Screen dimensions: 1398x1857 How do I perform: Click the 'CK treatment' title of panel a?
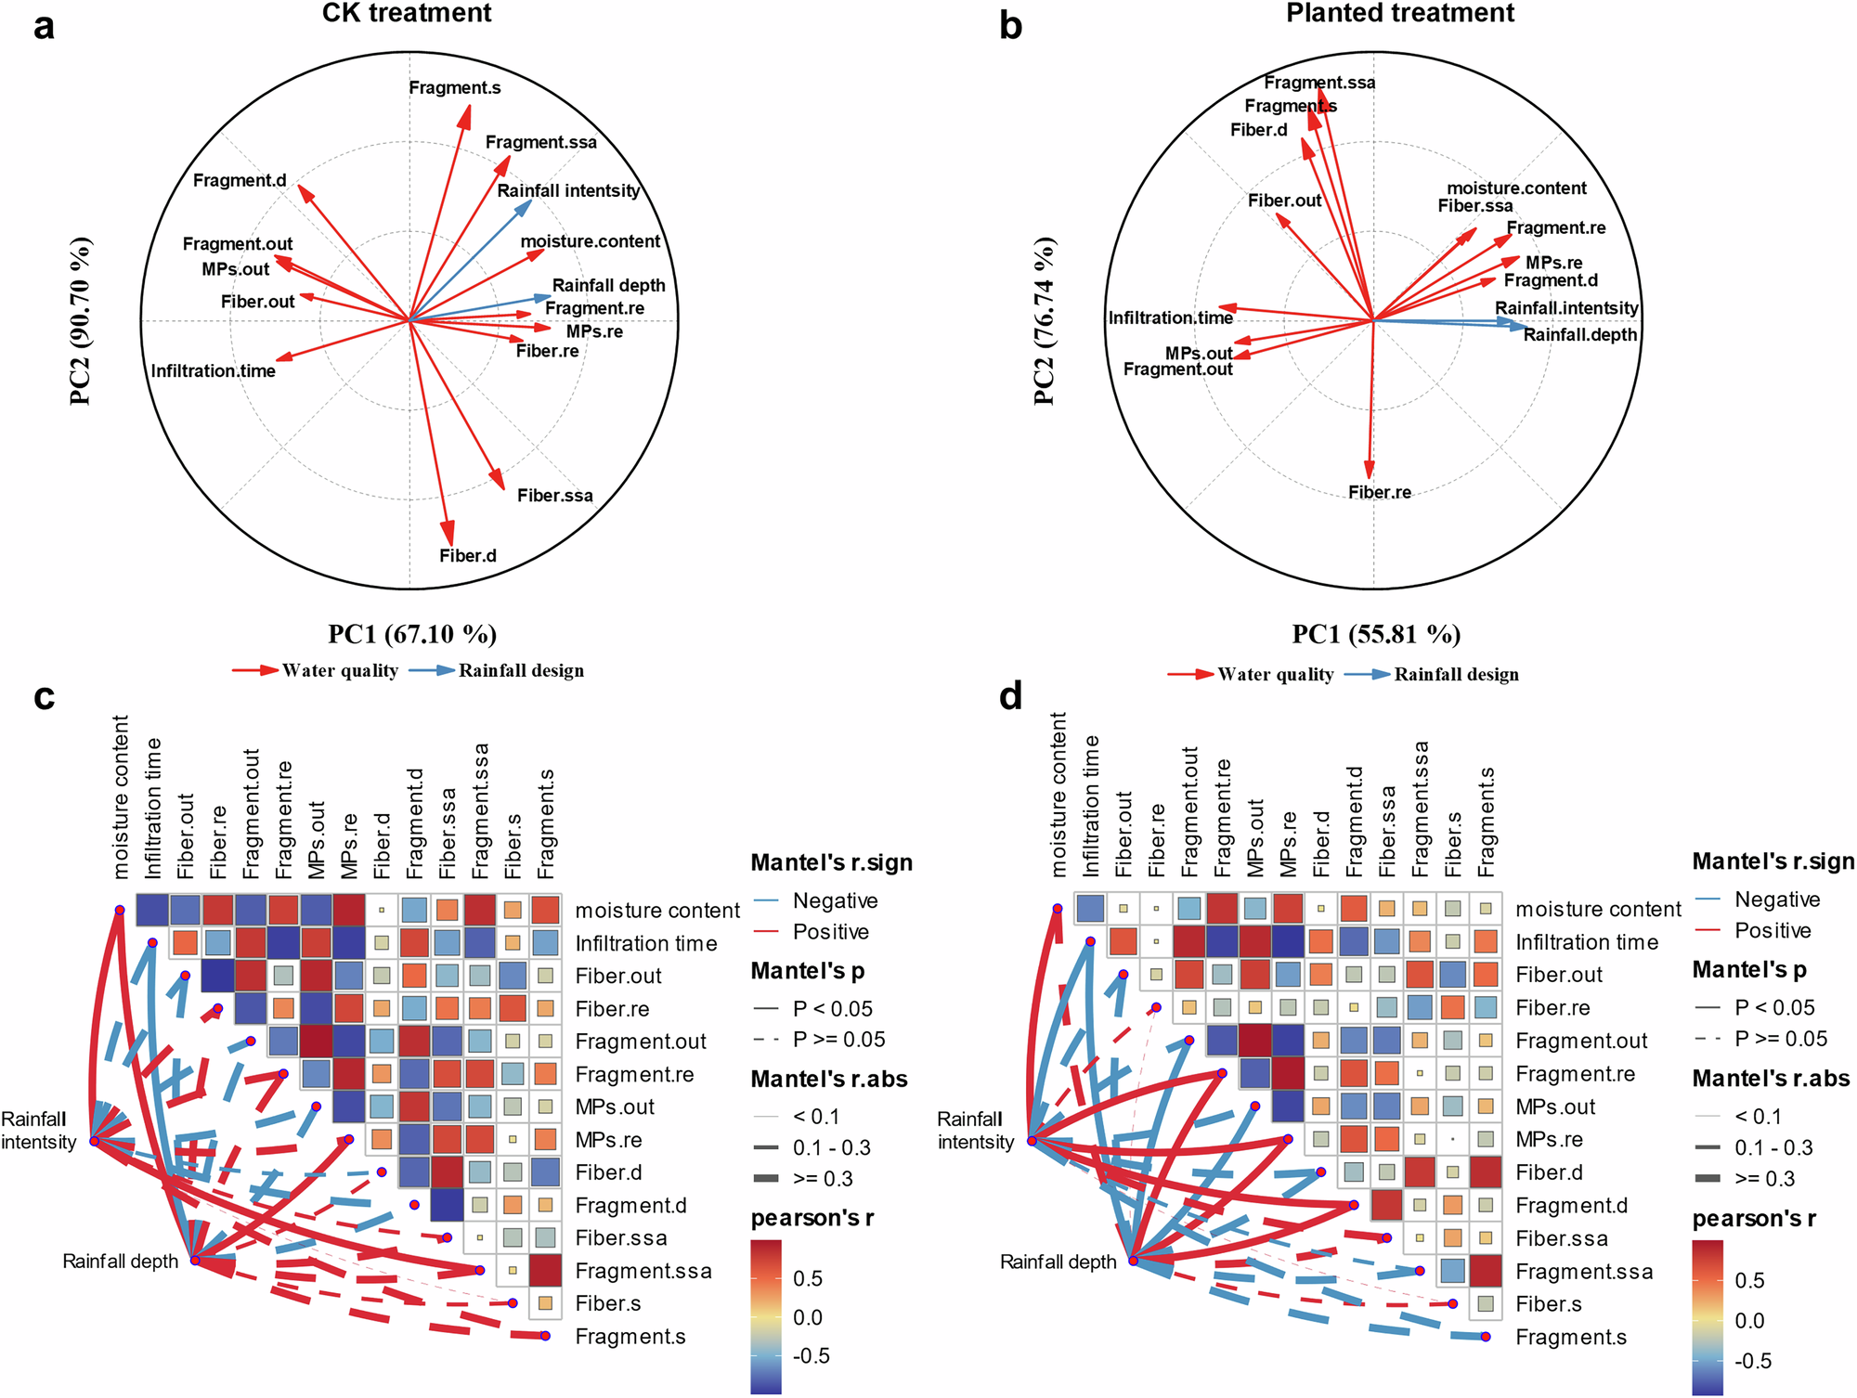point(407,13)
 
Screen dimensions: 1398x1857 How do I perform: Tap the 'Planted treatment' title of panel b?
point(1400,13)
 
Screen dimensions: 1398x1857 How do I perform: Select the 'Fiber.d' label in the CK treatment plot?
point(468,556)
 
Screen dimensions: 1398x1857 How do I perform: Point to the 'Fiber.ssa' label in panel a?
point(555,496)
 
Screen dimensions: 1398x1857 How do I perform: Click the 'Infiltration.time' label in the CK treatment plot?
point(214,371)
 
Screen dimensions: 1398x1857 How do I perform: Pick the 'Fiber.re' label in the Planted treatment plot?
point(1380,493)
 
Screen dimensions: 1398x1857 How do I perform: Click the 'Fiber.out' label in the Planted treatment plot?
point(1285,201)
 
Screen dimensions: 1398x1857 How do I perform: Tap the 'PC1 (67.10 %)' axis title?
point(412,635)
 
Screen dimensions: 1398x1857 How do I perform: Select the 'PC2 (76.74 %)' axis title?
point(1045,320)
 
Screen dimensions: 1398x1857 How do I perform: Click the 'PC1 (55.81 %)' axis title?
point(1376,635)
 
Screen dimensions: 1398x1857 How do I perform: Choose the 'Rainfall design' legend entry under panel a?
point(521,671)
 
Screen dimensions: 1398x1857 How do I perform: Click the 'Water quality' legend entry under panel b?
point(1276,675)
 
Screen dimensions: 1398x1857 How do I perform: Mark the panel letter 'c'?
point(44,696)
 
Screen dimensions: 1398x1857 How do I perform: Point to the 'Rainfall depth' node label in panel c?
point(120,1262)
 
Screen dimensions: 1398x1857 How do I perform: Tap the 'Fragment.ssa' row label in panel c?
point(643,1271)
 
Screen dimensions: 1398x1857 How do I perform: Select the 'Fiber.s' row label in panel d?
point(1549,1304)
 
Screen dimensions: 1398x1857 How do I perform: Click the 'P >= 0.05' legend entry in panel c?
point(838,1040)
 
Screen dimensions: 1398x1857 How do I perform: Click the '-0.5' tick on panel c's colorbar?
point(812,1356)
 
